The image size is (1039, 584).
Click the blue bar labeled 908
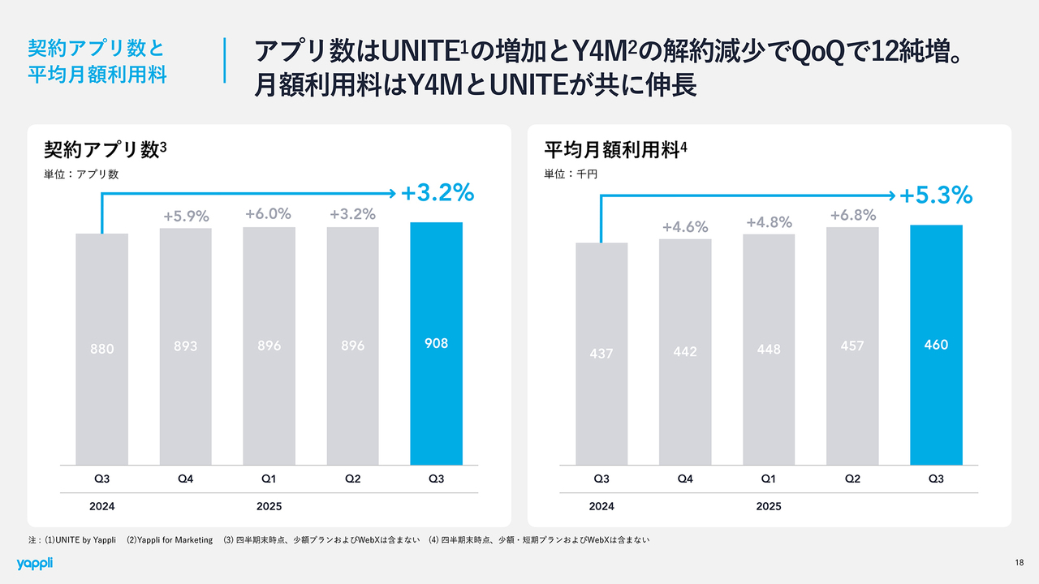(436, 343)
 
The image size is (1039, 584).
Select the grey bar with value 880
(102, 349)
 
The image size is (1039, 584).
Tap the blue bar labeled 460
(936, 345)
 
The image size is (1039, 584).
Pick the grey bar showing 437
(601, 354)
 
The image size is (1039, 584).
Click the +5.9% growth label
(186, 217)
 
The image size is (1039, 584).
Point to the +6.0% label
(269, 214)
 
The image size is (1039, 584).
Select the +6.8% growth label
(852, 216)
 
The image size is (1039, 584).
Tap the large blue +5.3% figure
(936, 195)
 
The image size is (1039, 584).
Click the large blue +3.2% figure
(437, 192)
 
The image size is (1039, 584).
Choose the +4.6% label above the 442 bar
(685, 227)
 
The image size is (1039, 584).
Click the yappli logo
(34, 563)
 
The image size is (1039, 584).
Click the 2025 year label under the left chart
(269, 506)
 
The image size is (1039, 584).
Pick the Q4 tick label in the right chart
(685, 479)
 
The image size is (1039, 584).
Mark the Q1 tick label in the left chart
(269, 479)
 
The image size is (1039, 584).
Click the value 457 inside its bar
(852, 346)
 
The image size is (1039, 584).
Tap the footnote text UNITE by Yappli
(84, 539)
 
